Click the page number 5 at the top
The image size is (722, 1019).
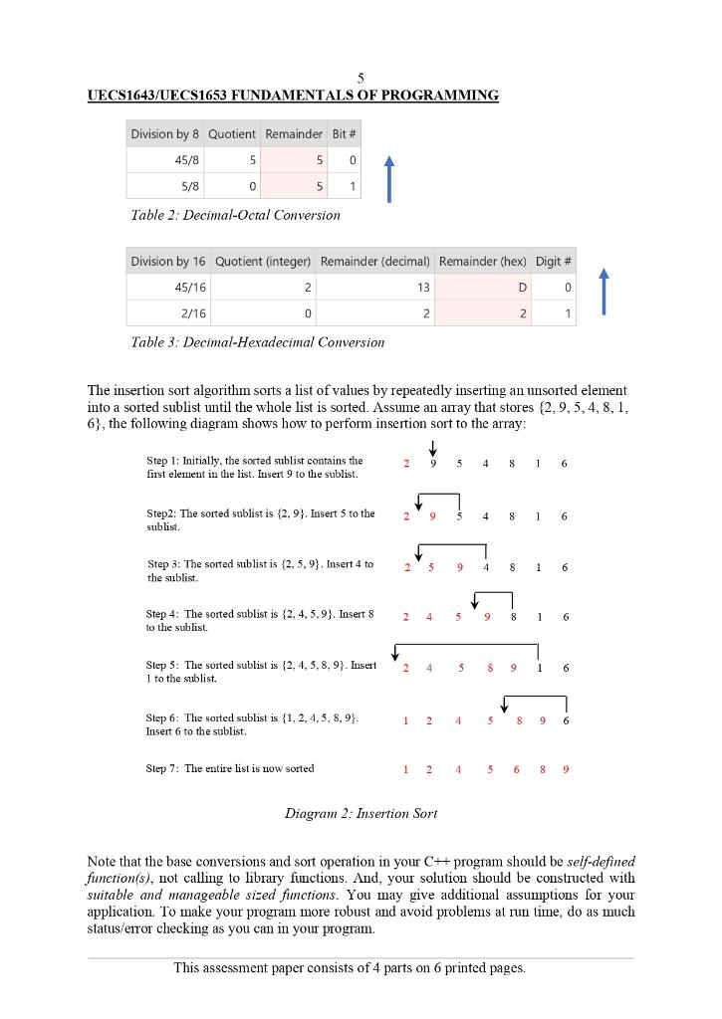pyautogui.click(x=361, y=79)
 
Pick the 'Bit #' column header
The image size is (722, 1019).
pyautogui.click(x=345, y=134)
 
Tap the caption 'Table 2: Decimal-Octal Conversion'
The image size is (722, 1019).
pyautogui.click(x=235, y=215)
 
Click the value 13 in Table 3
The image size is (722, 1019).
pyautogui.click(x=422, y=287)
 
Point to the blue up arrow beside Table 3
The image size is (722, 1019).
pyautogui.click(x=603, y=291)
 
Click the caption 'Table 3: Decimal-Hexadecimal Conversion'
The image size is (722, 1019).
pyautogui.click(x=257, y=342)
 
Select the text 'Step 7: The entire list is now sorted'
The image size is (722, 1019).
pyautogui.click(x=230, y=768)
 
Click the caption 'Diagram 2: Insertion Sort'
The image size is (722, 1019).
pyautogui.click(x=361, y=813)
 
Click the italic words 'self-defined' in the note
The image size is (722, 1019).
pyautogui.click(x=601, y=861)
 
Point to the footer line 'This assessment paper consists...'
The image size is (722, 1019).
pyautogui.click(x=350, y=967)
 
